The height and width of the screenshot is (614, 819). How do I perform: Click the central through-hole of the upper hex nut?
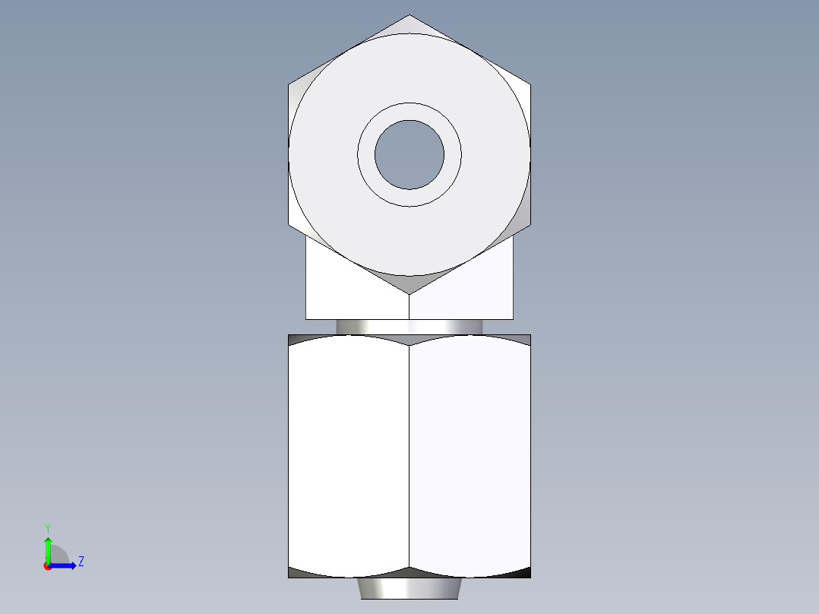tap(409, 154)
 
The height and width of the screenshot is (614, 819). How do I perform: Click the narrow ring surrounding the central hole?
tap(409, 111)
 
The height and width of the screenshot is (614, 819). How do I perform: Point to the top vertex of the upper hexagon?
tap(409, 16)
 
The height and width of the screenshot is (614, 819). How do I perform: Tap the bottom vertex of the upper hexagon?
tap(409, 293)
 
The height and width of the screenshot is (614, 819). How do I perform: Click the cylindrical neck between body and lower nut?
tap(409, 327)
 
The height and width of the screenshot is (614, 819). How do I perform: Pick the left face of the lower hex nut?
tap(349, 456)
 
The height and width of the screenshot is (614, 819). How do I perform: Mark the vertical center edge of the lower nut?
tap(409, 456)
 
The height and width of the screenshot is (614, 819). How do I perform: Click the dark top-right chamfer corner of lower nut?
tap(523, 339)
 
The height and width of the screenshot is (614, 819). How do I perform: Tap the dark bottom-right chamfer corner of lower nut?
tap(523, 573)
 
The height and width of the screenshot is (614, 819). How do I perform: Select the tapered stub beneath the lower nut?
tap(409, 588)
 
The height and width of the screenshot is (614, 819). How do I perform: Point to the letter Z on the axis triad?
tap(81, 562)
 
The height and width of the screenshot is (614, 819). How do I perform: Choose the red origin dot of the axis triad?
tap(47, 566)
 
